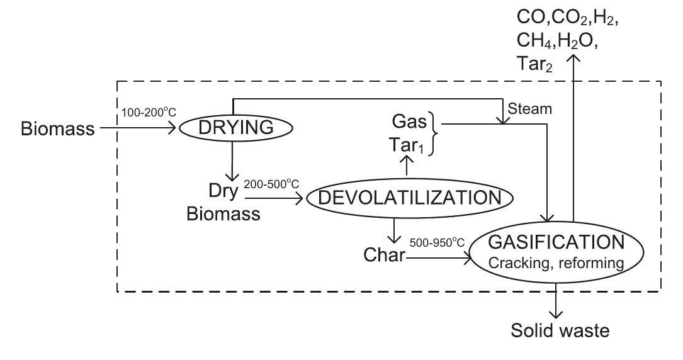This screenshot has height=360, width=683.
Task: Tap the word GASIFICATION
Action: tap(559, 242)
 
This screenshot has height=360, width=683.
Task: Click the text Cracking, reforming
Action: tap(559, 264)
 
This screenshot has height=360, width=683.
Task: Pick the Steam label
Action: tap(531, 109)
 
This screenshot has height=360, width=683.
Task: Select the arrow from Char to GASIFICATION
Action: tap(437, 256)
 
